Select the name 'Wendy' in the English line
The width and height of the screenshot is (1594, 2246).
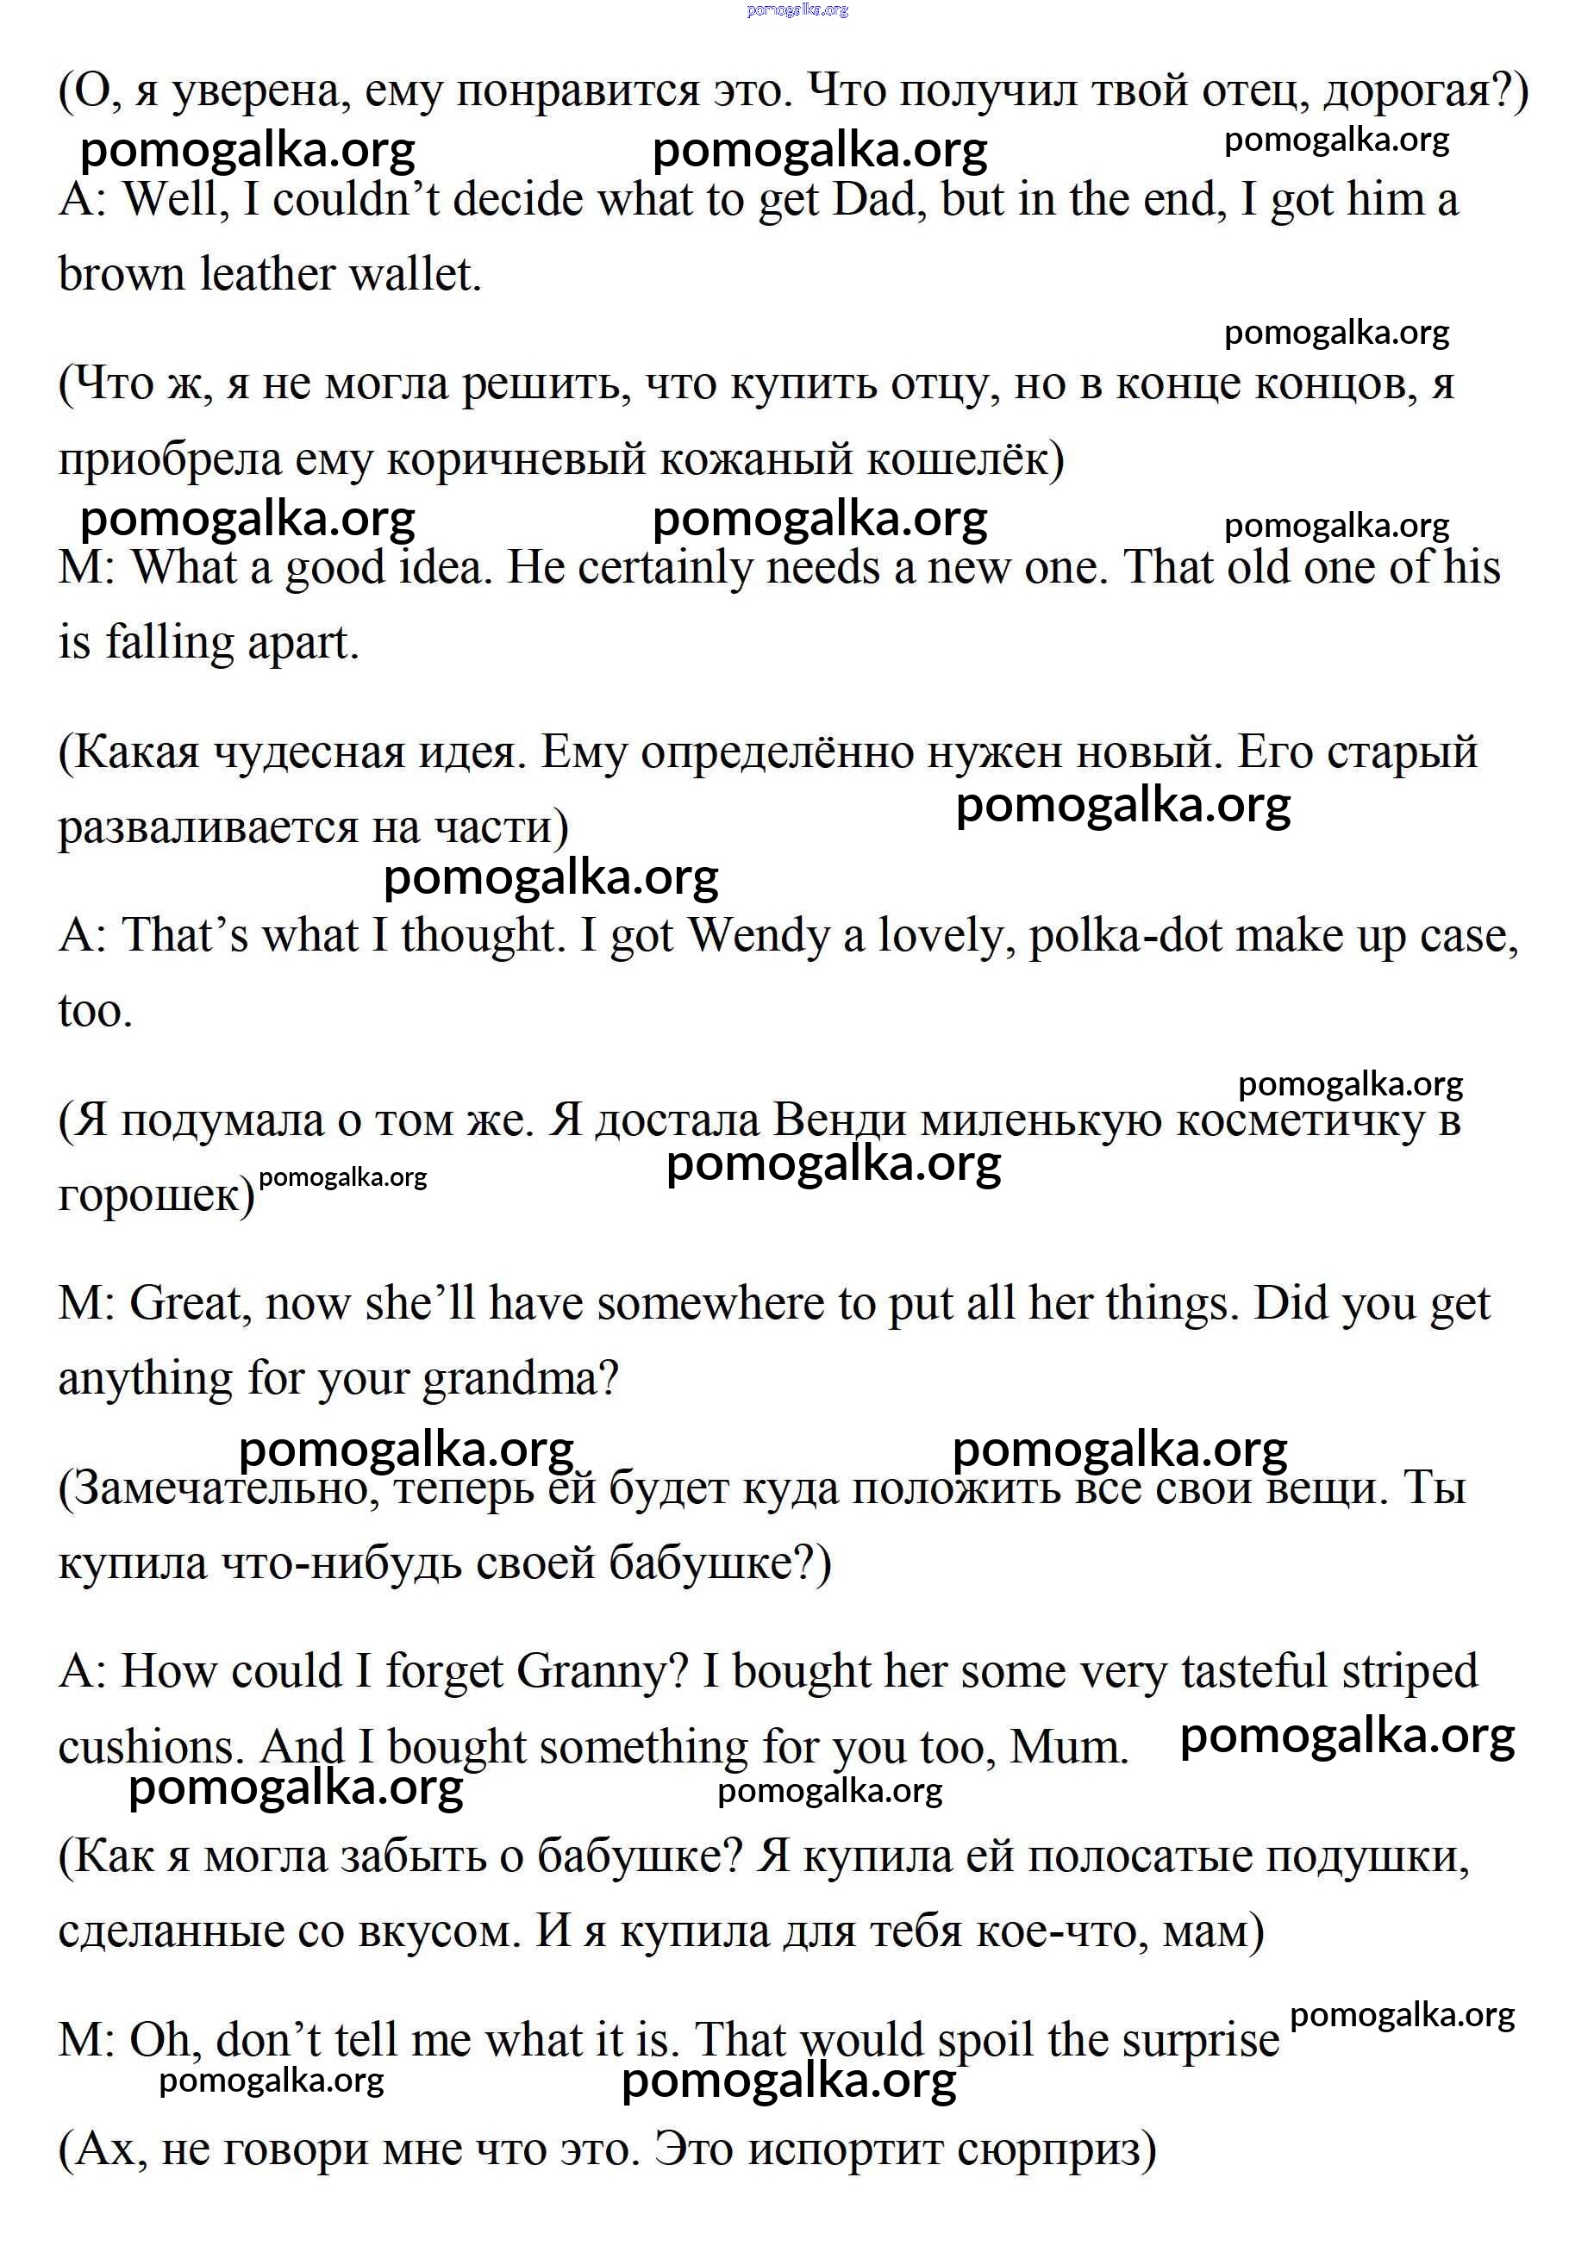point(759,935)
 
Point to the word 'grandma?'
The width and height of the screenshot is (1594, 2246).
point(520,1379)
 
